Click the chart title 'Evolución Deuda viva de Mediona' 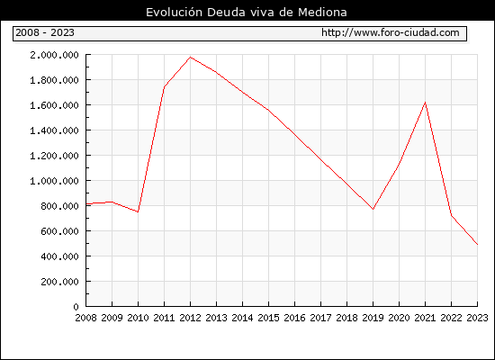tap(247, 13)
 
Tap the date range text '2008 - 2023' tap(45, 32)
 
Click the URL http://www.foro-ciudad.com tap(391, 32)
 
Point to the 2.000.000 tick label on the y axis tap(54, 55)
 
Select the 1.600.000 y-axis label tap(54, 105)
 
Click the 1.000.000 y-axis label tap(54, 181)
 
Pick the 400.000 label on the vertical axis tap(59, 256)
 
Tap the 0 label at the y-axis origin tap(76, 307)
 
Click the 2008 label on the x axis tap(85, 318)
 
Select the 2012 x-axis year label tap(190, 318)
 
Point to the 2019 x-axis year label tap(373, 318)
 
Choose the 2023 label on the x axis tap(477, 318)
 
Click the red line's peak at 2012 tap(191, 58)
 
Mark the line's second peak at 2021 tap(425, 103)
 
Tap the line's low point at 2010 tap(138, 211)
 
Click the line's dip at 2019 tap(373, 209)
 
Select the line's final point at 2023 tap(477, 245)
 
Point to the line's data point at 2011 tap(164, 87)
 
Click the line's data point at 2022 tap(452, 215)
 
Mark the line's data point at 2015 tap(269, 110)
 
